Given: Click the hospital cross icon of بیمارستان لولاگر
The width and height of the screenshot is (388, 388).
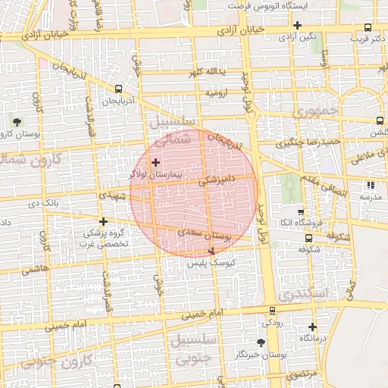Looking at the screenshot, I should click(x=156, y=162).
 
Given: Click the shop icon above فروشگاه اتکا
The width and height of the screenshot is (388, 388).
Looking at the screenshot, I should click(x=302, y=212).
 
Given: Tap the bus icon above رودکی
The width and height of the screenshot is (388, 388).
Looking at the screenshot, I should click(x=272, y=311).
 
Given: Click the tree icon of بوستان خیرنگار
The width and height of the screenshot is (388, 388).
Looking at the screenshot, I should click(x=261, y=343).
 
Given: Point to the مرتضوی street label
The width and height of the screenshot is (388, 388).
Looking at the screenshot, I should click(x=302, y=375).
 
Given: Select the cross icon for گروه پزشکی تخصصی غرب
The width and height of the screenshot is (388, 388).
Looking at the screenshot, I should click(x=105, y=222).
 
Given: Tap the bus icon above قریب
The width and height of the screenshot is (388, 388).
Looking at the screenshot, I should click(x=368, y=27).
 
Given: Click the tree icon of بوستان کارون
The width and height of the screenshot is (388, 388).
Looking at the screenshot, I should click(x=17, y=121).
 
